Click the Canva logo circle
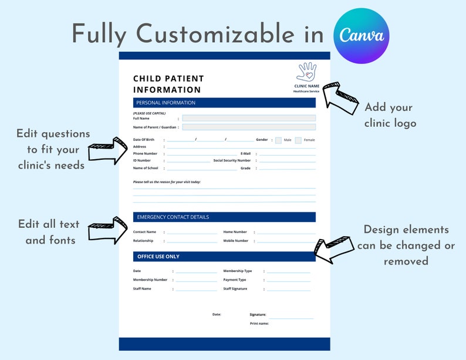[x=361, y=36]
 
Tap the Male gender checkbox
[x=278, y=140]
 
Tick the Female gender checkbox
[x=298, y=140]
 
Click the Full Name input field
[x=249, y=118]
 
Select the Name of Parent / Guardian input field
[x=249, y=127]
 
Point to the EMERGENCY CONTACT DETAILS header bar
[x=224, y=217]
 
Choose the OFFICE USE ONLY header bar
[x=224, y=257]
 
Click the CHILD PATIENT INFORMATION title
[x=168, y=84]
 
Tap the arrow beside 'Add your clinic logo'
[x=340, y=98]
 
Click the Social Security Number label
[x=232, y=160]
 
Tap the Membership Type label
[x=238, y=271]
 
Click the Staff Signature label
[x=235, y=289]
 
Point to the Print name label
[x=259, y=324]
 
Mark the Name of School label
[x=146, y=169]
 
